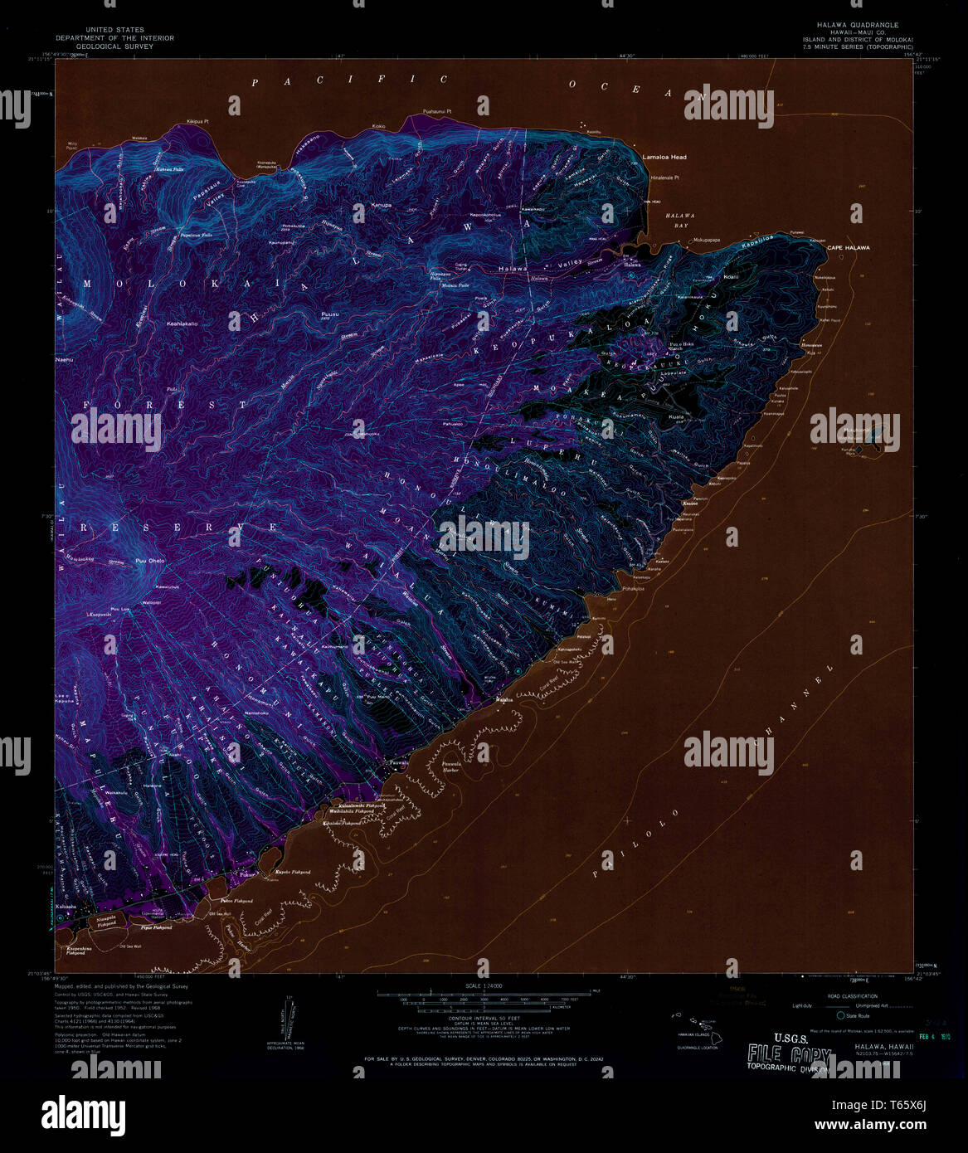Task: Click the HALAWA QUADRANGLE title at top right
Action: click(850, 25)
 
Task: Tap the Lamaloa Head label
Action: click(664, 157)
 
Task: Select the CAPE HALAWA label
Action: click(848, 248)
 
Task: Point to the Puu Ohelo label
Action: click(150, 562)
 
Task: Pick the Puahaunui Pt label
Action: click(436, 111)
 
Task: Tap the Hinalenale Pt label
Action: click(665, 178)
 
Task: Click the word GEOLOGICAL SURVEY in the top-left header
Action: click(115, 47)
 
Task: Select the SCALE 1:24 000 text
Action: click(485, 985)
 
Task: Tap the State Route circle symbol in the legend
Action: click(841, 1016)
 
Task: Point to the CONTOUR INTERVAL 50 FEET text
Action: click(485, 1021)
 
